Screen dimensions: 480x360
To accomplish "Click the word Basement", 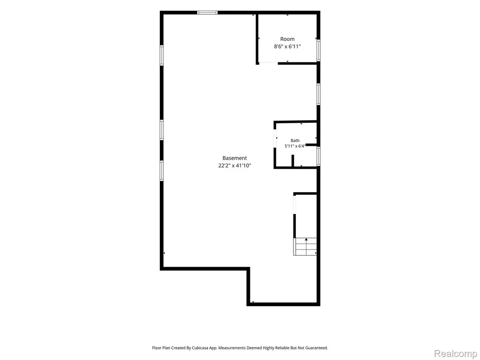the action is [x=234, y=158].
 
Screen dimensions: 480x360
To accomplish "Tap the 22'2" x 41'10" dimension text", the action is [x=234, y=165].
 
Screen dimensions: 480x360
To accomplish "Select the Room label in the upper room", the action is [x=287, y=39].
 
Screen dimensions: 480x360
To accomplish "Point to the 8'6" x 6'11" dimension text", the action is [x=287, y=46].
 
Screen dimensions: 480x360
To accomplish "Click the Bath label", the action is [x=295, y=141].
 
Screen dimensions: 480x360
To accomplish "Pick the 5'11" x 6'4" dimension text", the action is [x=295, y=146].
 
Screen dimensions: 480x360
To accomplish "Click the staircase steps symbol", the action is [x=305, y=247].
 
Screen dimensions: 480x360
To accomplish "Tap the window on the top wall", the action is [x=207, y=13].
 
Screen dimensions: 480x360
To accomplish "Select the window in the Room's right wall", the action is [x=318, y=50].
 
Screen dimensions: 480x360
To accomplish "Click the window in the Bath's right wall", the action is [x=318, y=157].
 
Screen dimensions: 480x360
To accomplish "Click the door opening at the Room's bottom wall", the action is [x=269, y=63].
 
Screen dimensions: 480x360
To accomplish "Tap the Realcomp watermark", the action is [x=456, y=353].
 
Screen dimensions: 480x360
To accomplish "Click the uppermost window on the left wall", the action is [x=162, y=55].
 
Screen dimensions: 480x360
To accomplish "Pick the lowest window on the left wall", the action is [x=162, y=171].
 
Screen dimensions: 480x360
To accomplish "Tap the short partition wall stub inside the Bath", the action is [x=292, y=161].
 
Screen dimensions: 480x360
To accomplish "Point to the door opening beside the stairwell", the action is [x=294, y=204].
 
